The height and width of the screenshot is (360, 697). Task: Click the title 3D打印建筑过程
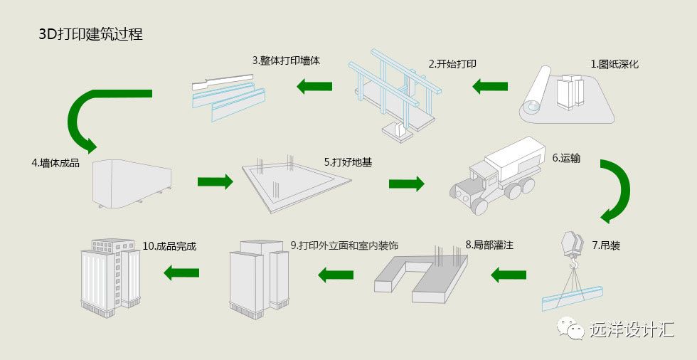[90, 34]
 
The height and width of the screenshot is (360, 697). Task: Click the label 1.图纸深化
[614, 64]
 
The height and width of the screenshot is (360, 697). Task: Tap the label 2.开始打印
[452, 63]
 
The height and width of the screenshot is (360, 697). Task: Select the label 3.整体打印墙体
[286, 60]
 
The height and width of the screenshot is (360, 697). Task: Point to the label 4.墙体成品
[55, 162]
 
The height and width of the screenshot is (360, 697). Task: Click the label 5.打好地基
[348, 162]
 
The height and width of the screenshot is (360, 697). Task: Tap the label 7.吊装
[606, 245]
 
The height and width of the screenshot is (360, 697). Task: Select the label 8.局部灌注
[489, 245]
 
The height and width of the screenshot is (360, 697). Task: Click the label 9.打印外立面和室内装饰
[344, 245]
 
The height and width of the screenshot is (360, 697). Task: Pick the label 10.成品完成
[169, 246]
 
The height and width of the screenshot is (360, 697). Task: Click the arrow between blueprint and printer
[491, 87]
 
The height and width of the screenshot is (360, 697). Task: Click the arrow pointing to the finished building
[181, 272]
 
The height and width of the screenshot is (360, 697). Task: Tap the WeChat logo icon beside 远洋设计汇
[571, 328]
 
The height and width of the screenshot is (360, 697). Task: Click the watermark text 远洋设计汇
[631, 329]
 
